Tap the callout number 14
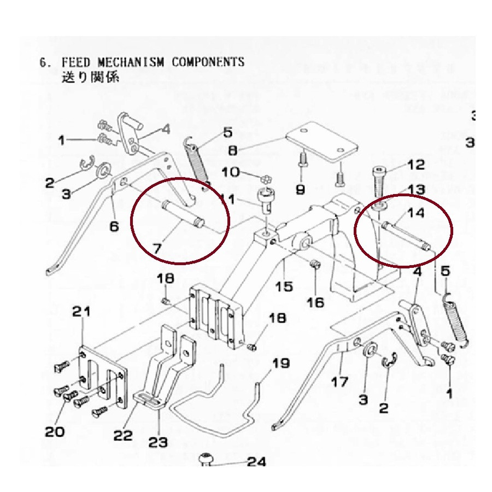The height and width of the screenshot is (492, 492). pos(416,213)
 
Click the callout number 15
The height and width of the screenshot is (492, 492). pos(284,285)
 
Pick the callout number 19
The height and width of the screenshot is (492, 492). pos(281,363)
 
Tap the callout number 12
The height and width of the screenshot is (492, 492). pos(415,165)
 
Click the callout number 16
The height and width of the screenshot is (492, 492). pos(315,302)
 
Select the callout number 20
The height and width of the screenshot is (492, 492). pos(55,431)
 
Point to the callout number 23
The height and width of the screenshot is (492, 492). pos(159,441)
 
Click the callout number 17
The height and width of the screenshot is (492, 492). pos(339,380)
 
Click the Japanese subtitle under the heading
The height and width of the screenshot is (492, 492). pos(91,78)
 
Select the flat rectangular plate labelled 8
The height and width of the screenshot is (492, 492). pos(323,144)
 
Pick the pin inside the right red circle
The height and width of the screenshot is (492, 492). pos(406,235)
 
